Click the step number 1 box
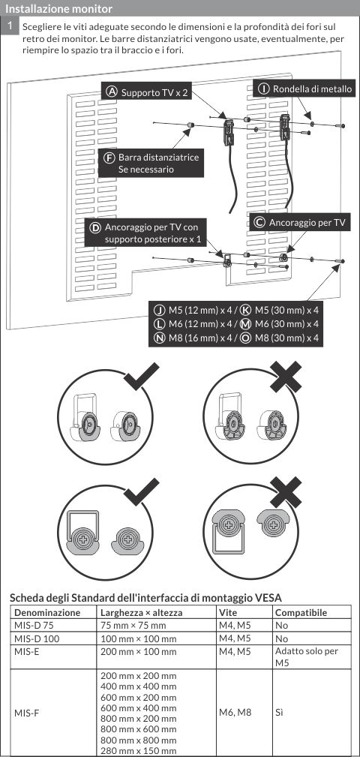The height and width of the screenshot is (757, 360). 10,26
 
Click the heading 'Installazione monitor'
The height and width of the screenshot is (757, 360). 58,9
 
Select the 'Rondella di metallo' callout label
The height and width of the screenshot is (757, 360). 304,89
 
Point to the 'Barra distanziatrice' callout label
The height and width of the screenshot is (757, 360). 151,164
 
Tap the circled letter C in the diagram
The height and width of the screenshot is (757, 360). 259,223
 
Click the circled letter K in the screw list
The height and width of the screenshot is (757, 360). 245,309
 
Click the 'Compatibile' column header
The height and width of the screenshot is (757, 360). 301,613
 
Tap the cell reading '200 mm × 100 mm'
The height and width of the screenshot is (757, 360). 139,651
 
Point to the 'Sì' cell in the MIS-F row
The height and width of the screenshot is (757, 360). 279,712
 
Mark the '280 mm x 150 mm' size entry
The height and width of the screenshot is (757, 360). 139,750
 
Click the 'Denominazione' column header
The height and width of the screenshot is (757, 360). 47,613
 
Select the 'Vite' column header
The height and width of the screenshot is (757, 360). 228,613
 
